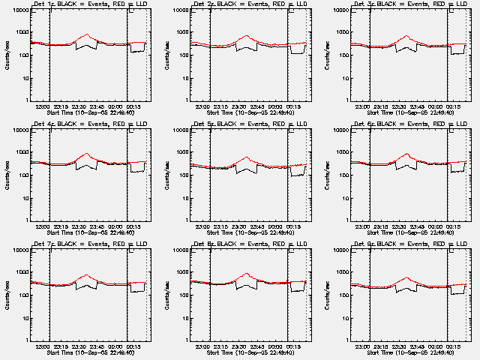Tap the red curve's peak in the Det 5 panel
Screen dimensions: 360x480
click(247, 157)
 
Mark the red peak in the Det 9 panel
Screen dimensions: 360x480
click(407, 277)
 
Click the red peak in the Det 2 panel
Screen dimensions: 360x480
click(247, 36)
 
